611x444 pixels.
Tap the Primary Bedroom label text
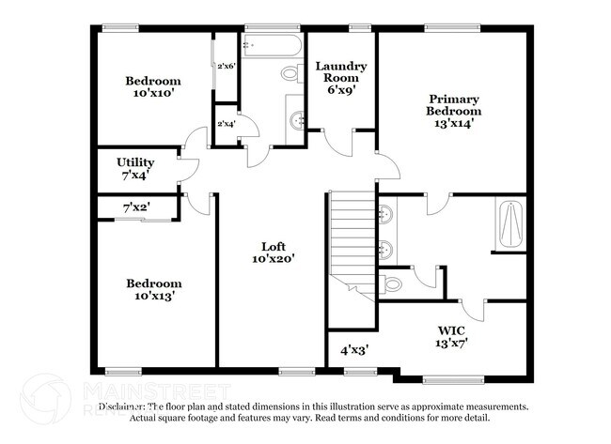pos(454,111)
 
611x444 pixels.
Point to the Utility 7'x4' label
pos(135,169)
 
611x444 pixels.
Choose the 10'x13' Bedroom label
pos(154,289)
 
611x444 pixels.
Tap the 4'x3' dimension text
pos(353,350)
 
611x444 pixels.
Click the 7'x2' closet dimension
pos(136,206)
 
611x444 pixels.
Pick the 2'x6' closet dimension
pos(227,67)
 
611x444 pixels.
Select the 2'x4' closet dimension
pos(227,124)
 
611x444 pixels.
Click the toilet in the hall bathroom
pos(290,71)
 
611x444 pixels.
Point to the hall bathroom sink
pos(297,119)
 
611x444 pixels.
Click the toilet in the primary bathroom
pos(393,281)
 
